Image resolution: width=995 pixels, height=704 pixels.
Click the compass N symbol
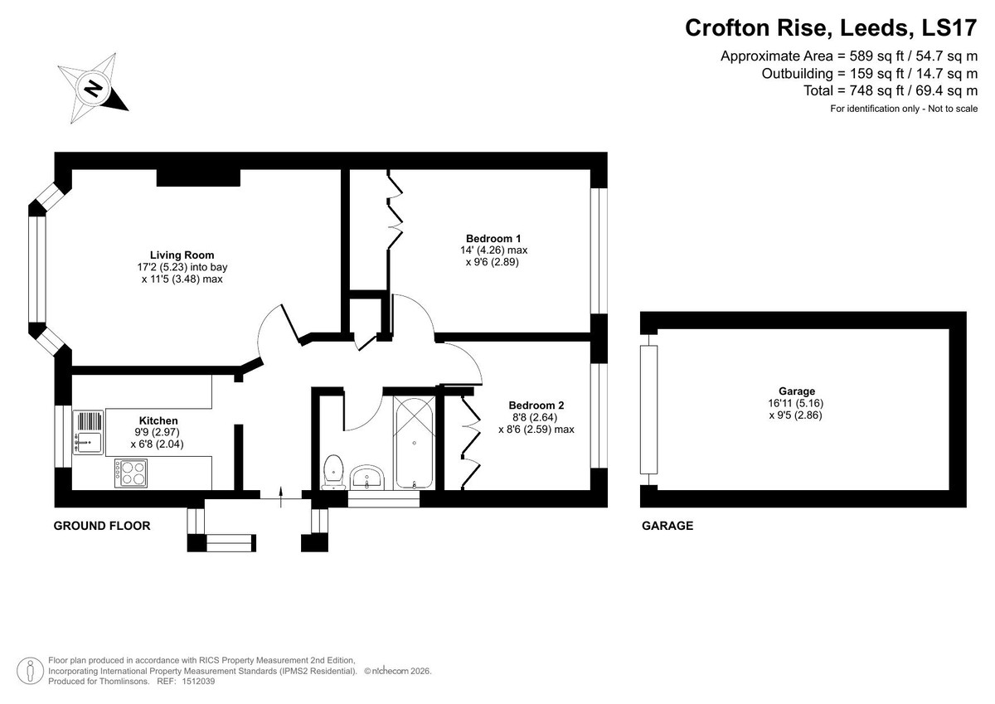tap(93, 88)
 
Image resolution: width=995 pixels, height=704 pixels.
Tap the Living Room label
tap(182, 255)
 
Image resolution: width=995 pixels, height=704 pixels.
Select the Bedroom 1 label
tap(493, 239)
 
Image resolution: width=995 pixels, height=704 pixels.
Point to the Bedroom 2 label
tap(536, 405)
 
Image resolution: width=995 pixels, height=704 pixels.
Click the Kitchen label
tap(158, 420)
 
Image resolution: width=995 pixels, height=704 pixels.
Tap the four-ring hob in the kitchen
tap(131, 473)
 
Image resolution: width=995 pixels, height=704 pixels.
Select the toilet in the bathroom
tap(333, 472)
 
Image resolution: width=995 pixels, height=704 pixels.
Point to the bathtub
tap(414, 443)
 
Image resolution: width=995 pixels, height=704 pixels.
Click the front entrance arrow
tap(281, 497)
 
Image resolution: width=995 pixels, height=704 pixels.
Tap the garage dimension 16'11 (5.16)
tap(796, 403)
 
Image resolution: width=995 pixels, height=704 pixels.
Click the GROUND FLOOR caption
tap(102, 526)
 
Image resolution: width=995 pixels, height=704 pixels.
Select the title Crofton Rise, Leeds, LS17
tap(831, 27)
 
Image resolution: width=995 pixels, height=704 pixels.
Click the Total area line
tap(891, 90)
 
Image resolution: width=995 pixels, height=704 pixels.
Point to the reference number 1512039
tap(198, 682)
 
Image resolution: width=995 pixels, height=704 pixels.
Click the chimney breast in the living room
tap(198, 177)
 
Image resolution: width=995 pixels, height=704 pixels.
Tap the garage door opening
tap(648, 410)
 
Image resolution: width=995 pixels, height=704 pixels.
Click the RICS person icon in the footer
tap(30, 671)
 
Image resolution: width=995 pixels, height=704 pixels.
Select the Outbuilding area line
tap(870, 73)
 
